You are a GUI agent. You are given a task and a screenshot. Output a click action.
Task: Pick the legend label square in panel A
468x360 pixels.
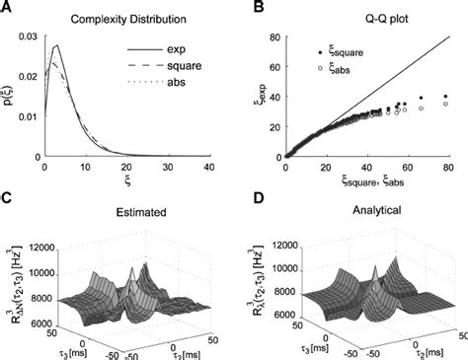coord(178,66)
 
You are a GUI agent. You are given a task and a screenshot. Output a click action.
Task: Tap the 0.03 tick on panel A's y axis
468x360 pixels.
coord(31,36)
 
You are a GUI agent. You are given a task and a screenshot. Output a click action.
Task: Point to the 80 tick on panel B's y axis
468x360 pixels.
coord(273,36)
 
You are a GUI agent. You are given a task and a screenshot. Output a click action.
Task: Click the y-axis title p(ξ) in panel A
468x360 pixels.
coord(9,97)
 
